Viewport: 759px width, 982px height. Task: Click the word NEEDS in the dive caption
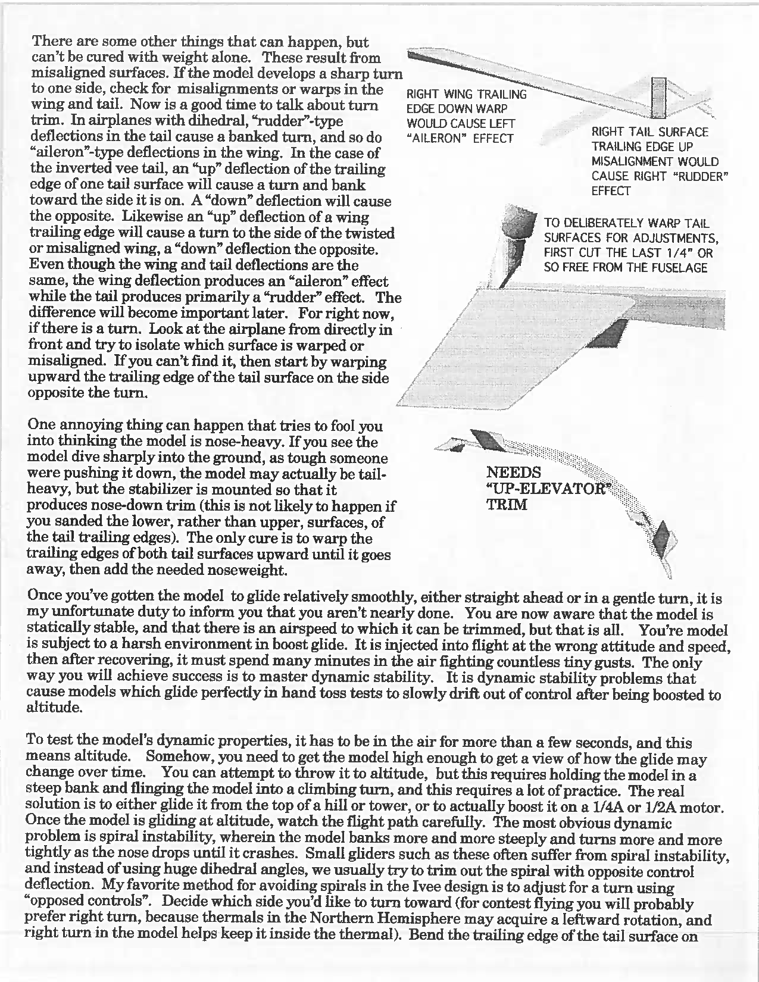point(514,473)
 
